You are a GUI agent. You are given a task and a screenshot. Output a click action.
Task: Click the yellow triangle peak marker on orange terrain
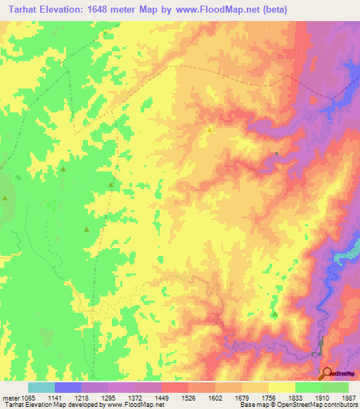(x=209, y=129)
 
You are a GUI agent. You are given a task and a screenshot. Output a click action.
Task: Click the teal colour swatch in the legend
(x=41, y=387)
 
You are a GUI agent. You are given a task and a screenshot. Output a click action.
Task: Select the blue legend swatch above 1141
(x=67, y=387)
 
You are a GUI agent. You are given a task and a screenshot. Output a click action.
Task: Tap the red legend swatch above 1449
(x=175, y=387)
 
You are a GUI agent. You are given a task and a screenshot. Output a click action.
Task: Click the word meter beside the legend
(x=10, y=397)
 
